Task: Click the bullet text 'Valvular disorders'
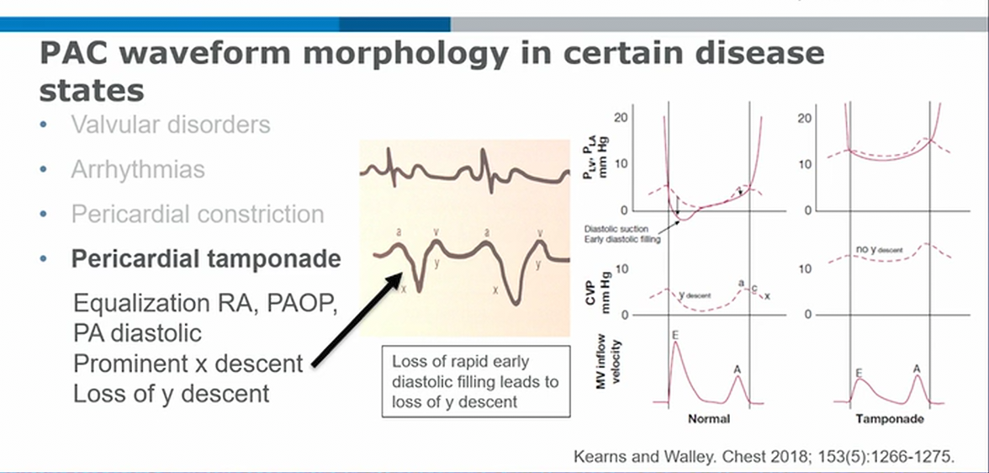point(171,125)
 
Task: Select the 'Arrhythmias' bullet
point(138,169)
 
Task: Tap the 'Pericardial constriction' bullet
point(198,214)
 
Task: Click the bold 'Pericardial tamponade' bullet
point(206,258)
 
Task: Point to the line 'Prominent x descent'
point(188,364)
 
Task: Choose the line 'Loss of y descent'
point(172,393)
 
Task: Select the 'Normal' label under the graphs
point(708,418)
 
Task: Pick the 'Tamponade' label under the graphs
point(890,418)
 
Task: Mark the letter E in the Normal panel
point(674,335)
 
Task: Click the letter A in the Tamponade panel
point(918,368)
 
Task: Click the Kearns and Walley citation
point(765,457)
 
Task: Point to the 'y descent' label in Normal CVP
point(696,295)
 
